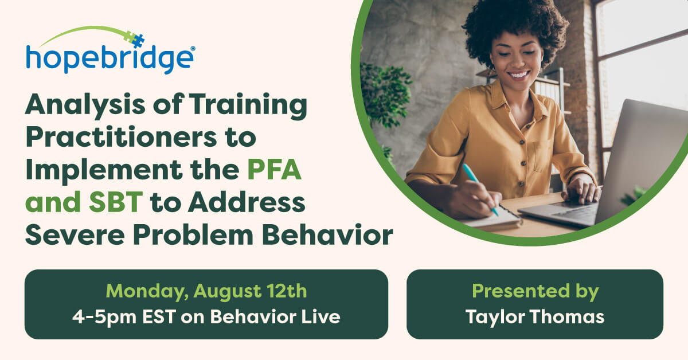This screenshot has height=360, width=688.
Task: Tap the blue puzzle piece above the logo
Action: tap(138, 41)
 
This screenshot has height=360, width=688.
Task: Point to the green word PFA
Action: tap(274, 170)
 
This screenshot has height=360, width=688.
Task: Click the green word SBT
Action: tap(116, 202)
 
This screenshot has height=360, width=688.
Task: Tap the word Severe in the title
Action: tap(75, 234)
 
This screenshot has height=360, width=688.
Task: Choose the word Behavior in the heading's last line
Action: tap(327, 234)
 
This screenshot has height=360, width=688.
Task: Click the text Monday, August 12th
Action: tap(206, 291)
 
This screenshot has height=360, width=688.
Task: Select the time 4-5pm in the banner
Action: tap(104, 316)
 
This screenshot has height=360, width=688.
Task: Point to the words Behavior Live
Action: tap(275, 316)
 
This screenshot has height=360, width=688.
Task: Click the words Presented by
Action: tap(535, 291)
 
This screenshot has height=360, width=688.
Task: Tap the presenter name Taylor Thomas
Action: tap(535, 316)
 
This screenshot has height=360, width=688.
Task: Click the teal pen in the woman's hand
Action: tap(480, 189)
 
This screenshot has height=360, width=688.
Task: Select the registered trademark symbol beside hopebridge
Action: tap(193, 49)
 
